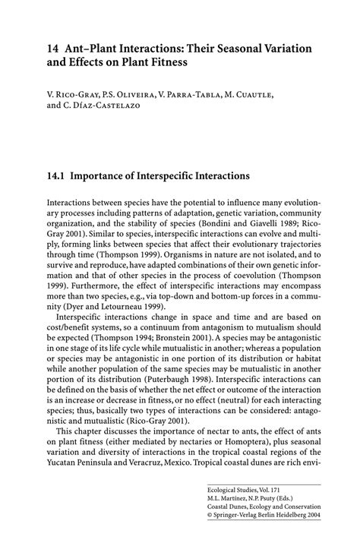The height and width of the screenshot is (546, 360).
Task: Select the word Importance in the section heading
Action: [x=103, y=175]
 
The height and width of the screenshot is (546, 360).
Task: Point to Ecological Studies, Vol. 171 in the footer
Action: [x=246, y=491]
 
